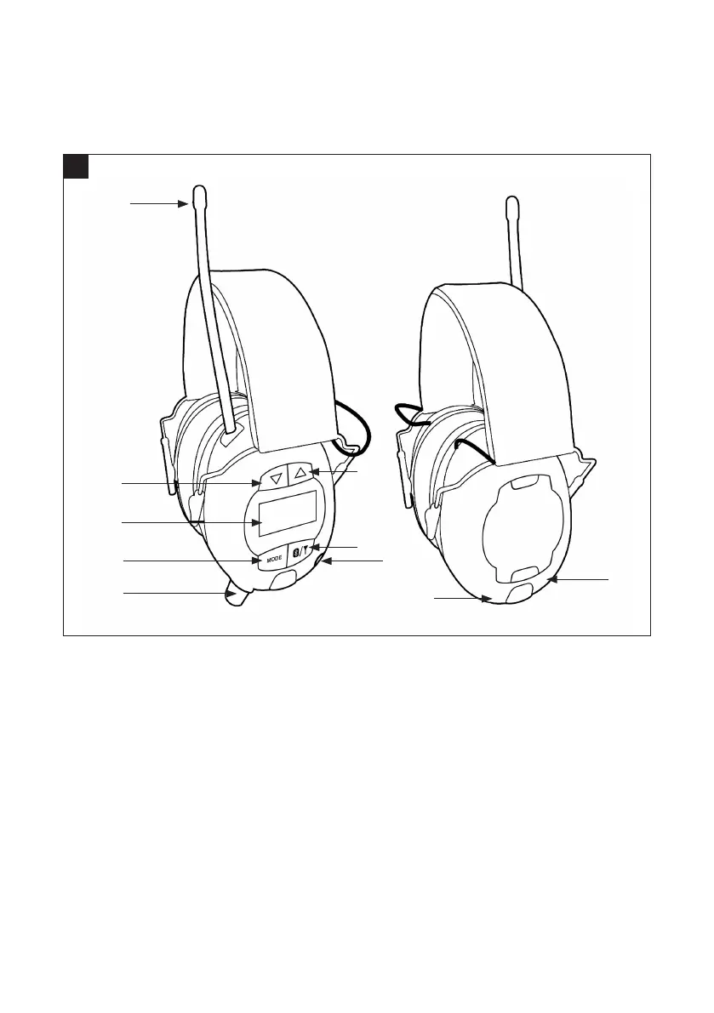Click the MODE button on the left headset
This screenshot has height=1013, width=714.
[x=272, y=560]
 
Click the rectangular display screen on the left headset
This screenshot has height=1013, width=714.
[x=288, y=515]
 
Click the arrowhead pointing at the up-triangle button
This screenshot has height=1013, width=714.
[x=312, y=470]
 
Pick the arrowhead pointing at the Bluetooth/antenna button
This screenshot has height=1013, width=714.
[x=316, y=546]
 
